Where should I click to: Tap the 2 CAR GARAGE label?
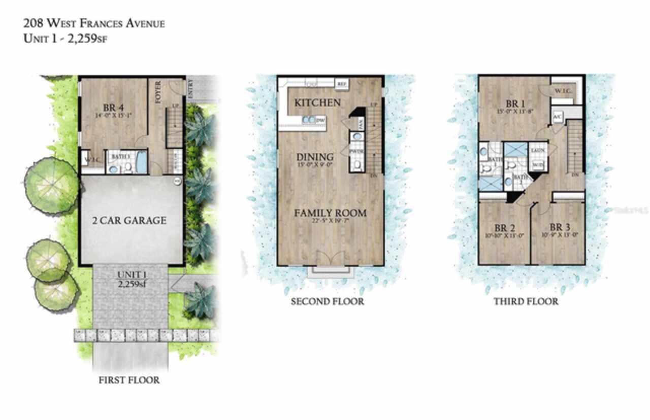[129, 221]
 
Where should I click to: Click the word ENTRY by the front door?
[190, 88]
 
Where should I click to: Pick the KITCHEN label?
[318, 103]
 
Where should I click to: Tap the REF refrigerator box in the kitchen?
[341, 83]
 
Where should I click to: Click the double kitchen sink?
[308, 120]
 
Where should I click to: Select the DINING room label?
[315, 157]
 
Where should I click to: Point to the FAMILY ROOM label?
[330, 213]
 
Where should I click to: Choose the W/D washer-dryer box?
[537, 164]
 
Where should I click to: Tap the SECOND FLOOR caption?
[327, 302]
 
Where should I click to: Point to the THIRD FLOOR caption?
[526, 302]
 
